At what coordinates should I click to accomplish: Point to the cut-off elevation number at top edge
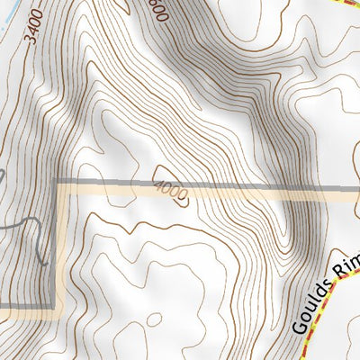tap(160, 9)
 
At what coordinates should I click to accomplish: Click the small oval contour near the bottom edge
tap(153, 319)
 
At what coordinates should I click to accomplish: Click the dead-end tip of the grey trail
tap(43, 263)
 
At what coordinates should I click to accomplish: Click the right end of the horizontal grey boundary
tap(357, 188)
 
